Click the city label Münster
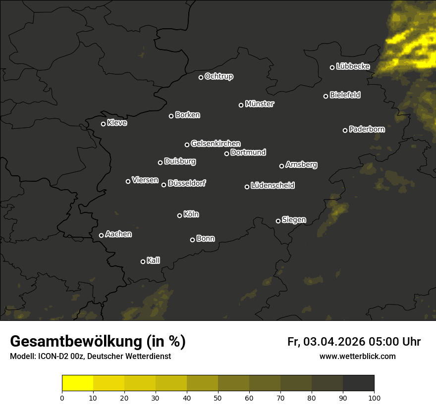pos(260,104)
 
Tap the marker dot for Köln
pos(179,215)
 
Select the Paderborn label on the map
pos(367,129)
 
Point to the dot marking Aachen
pos(101,235)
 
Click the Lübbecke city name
pos(353,66)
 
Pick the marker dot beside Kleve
pos(103,124)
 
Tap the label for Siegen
pos(294,220)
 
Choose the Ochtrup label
pos(219,76)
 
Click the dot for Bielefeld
pos(326,96)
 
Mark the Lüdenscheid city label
pos(273,186)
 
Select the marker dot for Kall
pos(143,261)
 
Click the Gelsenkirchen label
pos(216,144)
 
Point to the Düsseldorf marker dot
pos(163,185)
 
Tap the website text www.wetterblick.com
pos(358,356)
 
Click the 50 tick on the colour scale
pos(218,398)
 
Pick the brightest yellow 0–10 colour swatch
pos(78,383)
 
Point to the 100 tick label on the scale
pos(374,398)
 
